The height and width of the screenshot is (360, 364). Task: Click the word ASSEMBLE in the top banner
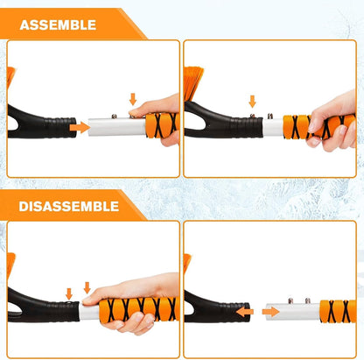coord(58,24)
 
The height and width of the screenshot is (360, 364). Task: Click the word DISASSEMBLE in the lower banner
coord(69,205)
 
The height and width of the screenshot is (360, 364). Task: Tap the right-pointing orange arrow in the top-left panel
coord(79,127)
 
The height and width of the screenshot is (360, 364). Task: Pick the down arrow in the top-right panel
coord(253,102)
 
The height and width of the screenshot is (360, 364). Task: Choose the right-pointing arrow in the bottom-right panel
coord(270,310)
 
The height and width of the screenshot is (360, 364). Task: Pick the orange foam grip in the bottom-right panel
coord(337,311)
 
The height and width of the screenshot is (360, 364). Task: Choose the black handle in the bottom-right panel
coord(210,307)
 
